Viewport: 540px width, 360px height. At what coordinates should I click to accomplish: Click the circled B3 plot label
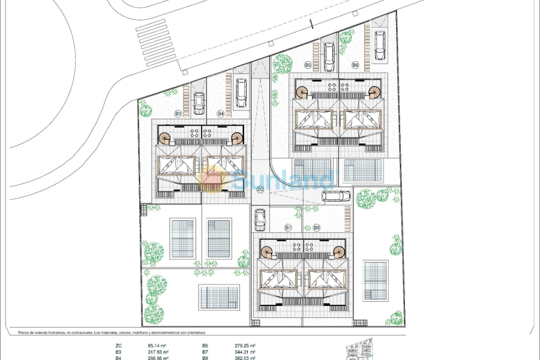178,113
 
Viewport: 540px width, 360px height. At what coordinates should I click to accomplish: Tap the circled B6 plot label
355,65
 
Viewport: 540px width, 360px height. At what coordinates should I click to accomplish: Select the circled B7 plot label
288,228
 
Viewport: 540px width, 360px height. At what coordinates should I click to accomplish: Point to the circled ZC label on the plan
260,190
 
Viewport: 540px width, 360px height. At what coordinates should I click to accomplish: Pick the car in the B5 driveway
328,56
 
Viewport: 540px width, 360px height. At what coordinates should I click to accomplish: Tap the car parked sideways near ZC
336,196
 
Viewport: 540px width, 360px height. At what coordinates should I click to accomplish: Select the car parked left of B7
260,219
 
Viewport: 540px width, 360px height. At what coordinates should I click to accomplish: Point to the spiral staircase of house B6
375,92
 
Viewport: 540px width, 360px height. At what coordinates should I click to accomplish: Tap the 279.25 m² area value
245,346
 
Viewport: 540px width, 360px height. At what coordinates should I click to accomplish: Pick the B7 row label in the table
205,352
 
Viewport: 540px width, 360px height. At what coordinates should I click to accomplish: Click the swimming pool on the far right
376,281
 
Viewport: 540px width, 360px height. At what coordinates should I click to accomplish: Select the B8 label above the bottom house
316,228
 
